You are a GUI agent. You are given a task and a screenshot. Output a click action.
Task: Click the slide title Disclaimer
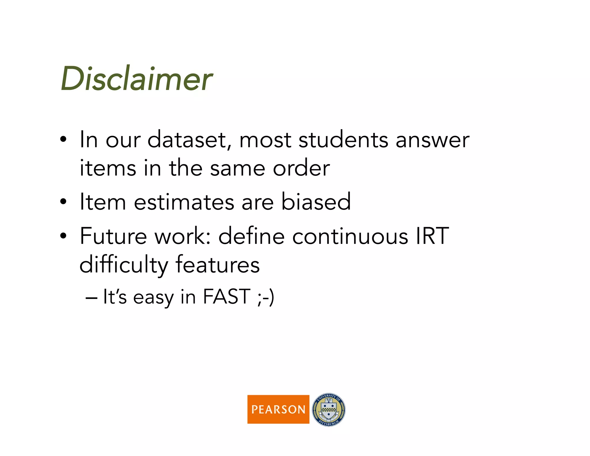[136, 79]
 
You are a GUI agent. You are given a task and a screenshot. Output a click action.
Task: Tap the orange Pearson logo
[278, 409]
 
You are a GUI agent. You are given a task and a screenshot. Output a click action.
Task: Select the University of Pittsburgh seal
[329, 410]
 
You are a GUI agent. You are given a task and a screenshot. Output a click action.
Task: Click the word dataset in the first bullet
[189, 140]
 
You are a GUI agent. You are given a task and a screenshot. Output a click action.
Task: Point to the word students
[343, 140]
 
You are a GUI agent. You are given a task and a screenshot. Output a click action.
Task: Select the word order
[301, 168]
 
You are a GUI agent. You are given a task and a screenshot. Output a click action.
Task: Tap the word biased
[316, 202]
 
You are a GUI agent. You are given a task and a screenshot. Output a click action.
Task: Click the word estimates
[184, 202]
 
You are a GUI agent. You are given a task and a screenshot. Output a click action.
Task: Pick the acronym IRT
[432, 236]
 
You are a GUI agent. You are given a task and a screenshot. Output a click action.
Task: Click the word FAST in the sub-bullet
[227, 297]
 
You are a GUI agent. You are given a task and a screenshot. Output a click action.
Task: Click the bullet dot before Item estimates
[63, 202]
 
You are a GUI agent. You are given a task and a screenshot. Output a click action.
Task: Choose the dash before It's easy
[91, 298]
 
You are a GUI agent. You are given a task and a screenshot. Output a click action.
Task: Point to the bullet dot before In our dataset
[63, 140]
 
